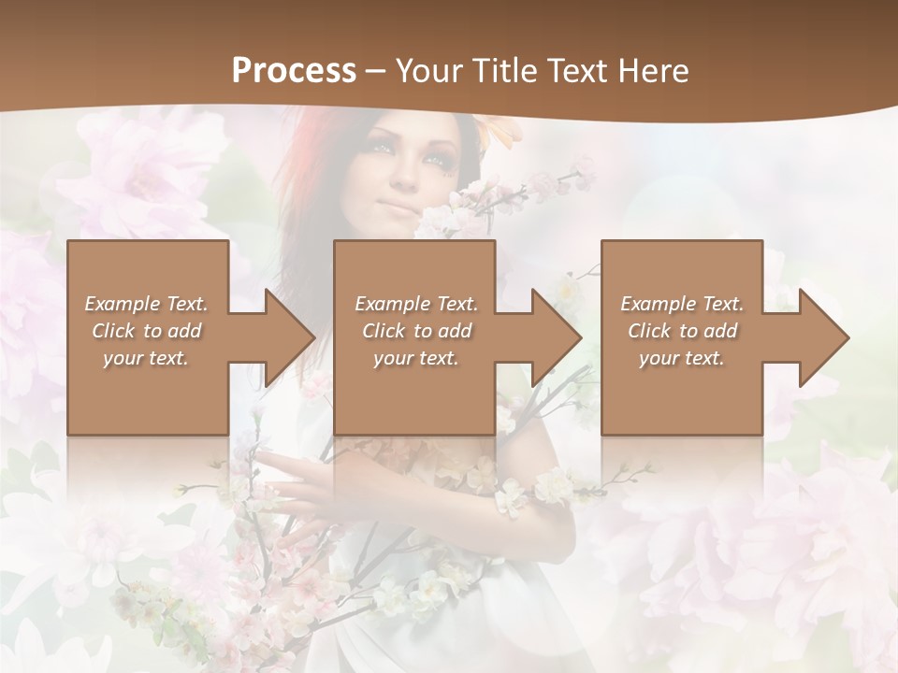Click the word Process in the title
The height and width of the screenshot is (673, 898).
[294, 71]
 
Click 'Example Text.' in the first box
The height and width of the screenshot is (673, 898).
[147, 304]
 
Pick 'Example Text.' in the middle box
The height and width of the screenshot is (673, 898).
[416, 304]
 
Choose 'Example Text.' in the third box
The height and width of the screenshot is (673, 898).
[682, 304]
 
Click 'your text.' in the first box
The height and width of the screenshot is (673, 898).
[146, 358]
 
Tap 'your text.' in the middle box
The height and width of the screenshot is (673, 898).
[416, 358]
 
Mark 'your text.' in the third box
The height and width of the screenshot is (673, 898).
[682, 358]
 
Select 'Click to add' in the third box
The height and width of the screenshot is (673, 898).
[682, 331]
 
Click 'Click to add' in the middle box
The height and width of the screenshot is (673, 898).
[416, 331]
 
